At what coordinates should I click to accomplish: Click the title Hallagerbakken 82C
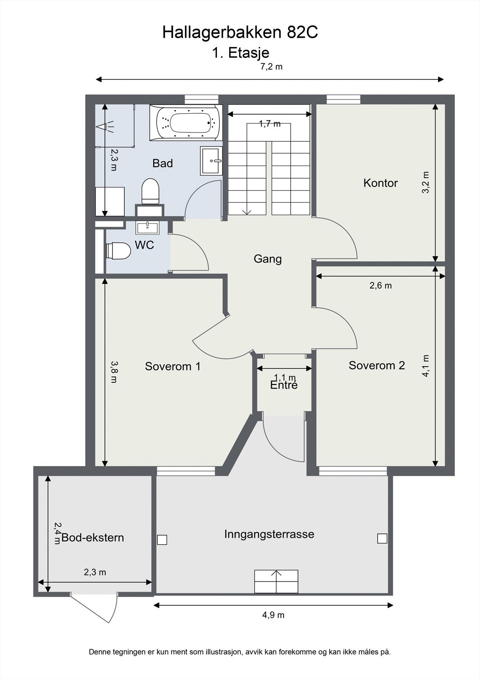click(x=240, y=33)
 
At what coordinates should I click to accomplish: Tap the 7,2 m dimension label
click(x=271, y=67)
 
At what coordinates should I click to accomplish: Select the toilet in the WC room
click(x=118, y=251)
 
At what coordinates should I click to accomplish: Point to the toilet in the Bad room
click(x=150, y=191)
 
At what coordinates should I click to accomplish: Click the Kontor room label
click(x=380, y=183)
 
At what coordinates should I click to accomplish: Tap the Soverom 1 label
click(x=172, y=366)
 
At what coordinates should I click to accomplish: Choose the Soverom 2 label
click(x=376, y=365)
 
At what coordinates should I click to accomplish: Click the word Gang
click(x=267, y=259)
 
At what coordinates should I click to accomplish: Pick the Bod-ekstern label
click(x=93, y=538)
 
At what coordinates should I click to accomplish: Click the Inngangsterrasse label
click(x=269, y=534)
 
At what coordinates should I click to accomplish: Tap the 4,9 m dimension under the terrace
click(x=273, y=615)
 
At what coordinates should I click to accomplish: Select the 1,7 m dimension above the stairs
click(x=270, y=124)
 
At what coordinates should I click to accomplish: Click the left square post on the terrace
click(x=162, y=540)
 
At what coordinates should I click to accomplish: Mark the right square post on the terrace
click(x=382, y=539)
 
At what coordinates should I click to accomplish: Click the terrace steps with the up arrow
click(x=276, y=581)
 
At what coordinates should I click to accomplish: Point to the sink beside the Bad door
click(x=211, y=161)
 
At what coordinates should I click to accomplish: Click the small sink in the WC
click(x=147, y=227)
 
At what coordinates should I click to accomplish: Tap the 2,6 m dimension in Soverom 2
click(x=380, y=286)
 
